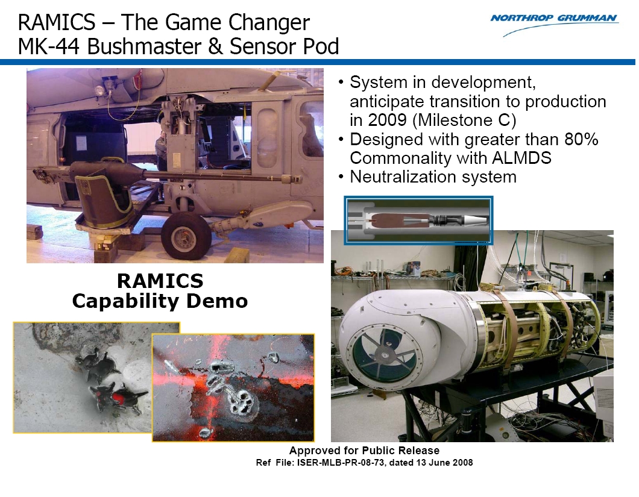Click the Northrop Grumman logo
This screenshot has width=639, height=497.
point(555,23)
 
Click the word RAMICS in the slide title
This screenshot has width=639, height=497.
point(57,22)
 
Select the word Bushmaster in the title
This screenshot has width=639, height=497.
point(144,46)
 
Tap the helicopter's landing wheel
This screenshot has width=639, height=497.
point(186,236)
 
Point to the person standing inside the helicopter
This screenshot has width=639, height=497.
point(161,150)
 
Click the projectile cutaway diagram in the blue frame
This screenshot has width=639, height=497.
point(418,220)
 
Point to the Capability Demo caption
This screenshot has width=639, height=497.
point(160,301)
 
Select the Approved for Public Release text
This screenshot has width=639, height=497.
point(364,450)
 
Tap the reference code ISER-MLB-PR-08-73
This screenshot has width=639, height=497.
point(340,463)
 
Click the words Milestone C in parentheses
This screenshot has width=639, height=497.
point(464,120)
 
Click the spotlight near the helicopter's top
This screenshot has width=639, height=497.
point(100,90)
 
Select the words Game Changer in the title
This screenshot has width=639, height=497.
point(237,23)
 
